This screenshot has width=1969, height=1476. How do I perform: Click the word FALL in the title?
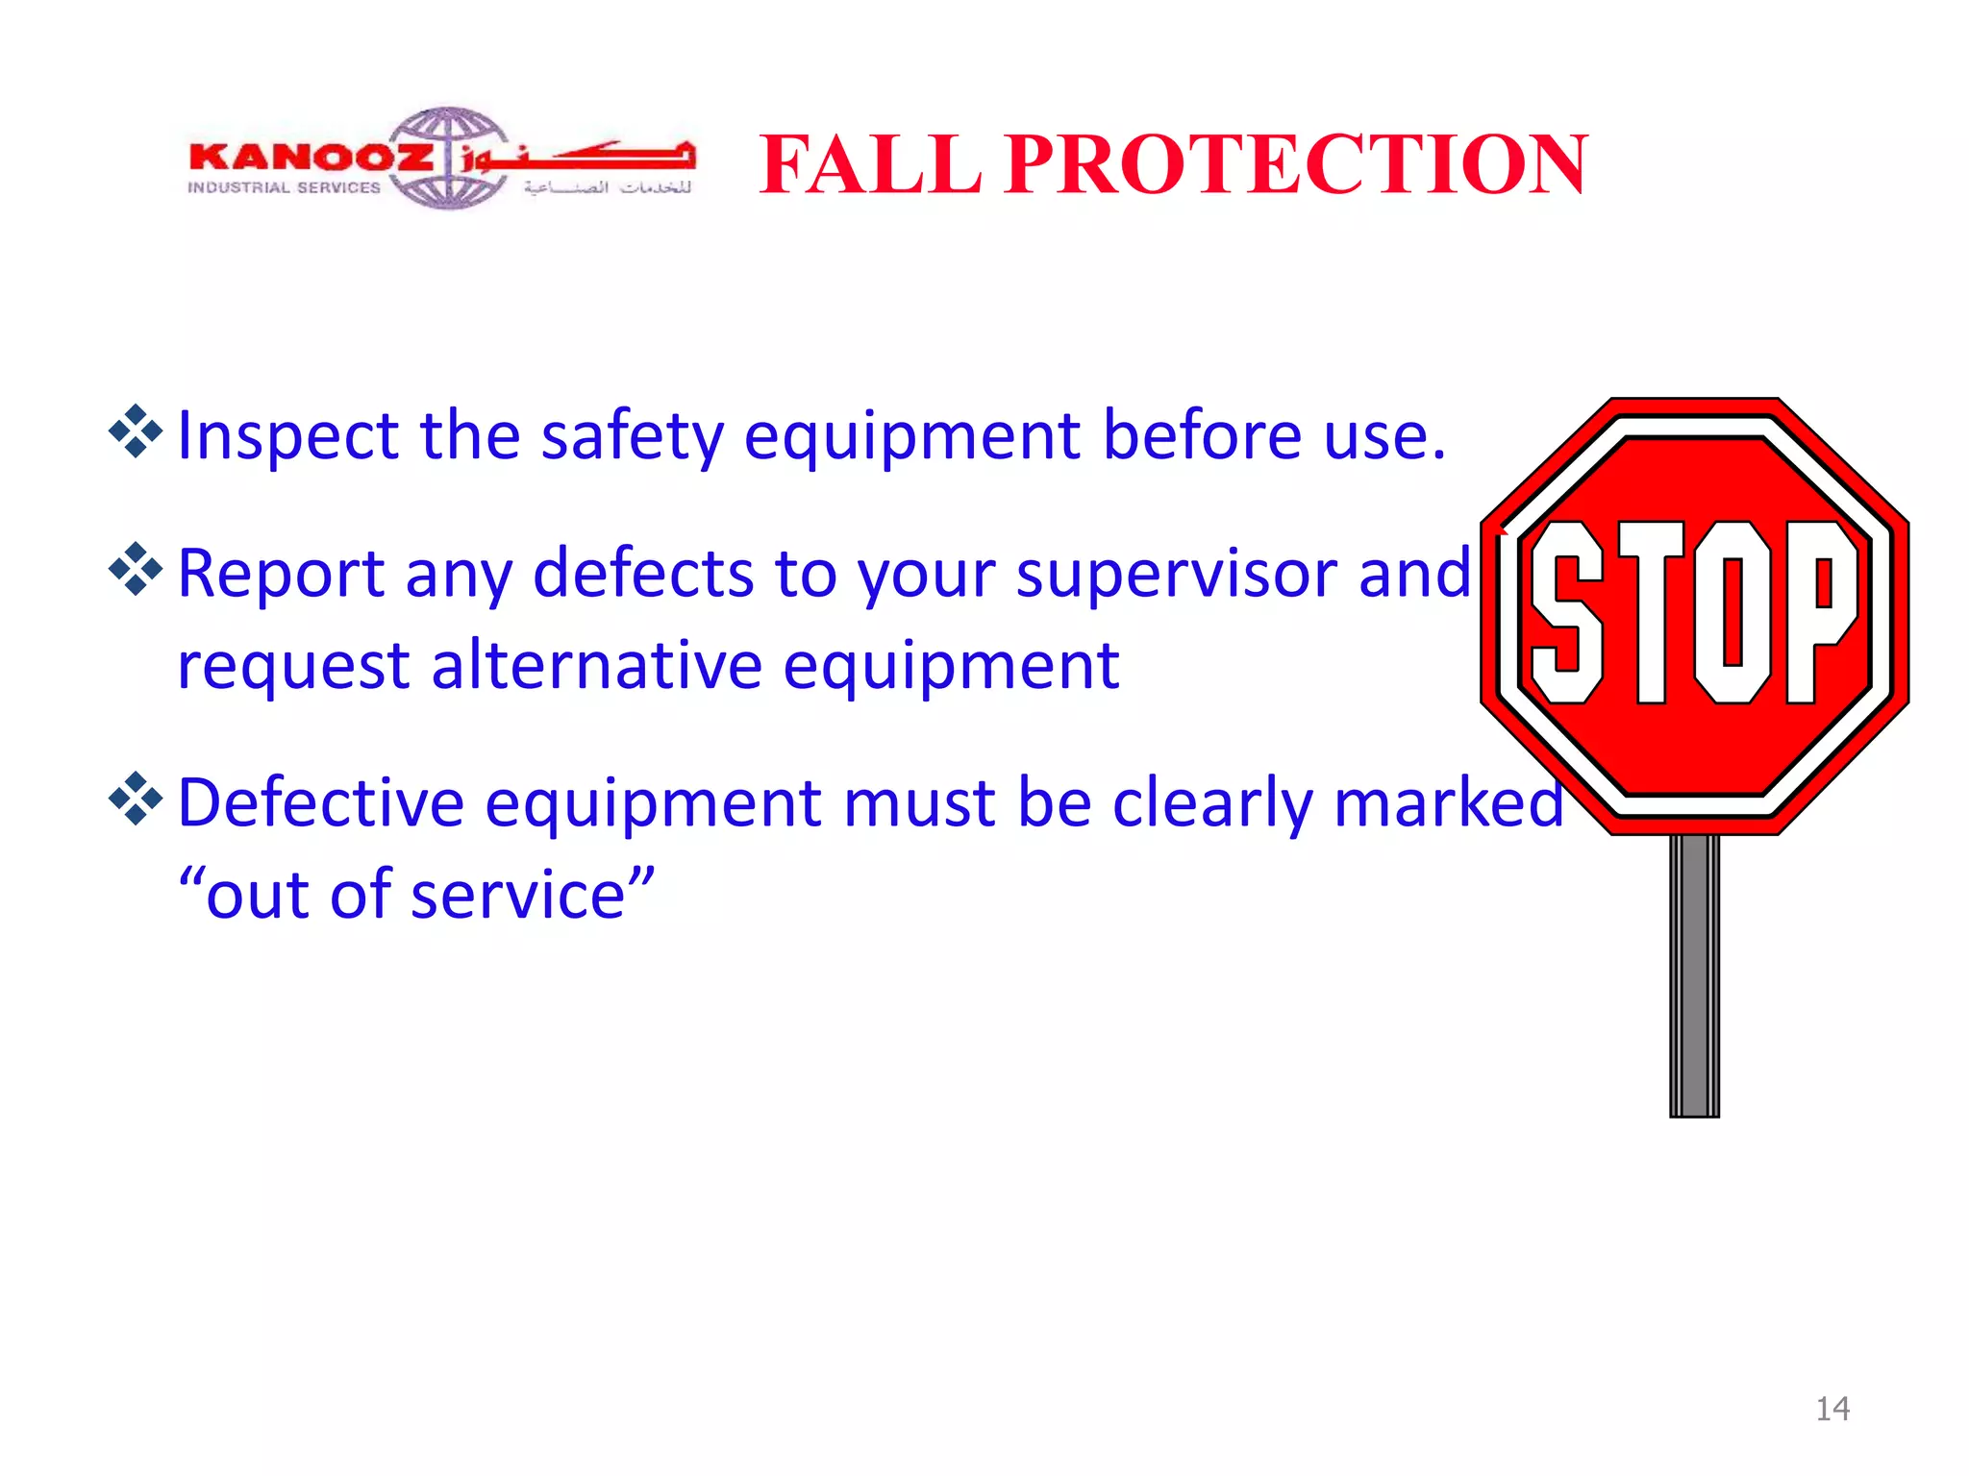(870, 165)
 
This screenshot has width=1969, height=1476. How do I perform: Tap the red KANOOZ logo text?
(311, 157)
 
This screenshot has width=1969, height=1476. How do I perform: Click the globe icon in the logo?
(448, 159)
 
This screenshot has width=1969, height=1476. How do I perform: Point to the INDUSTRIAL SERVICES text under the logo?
(285, 188)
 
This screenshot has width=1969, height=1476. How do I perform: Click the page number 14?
(1832, 1409)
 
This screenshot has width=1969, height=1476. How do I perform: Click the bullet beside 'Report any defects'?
(136, 569)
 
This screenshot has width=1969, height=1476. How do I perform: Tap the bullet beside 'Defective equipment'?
(136, 798)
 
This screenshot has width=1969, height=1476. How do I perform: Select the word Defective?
(321, 802)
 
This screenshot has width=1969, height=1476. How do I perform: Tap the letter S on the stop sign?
(1566, 612)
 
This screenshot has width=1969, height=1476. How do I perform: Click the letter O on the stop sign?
(1733, 612)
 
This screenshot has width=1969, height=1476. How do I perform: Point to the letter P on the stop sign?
(1820, 612)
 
